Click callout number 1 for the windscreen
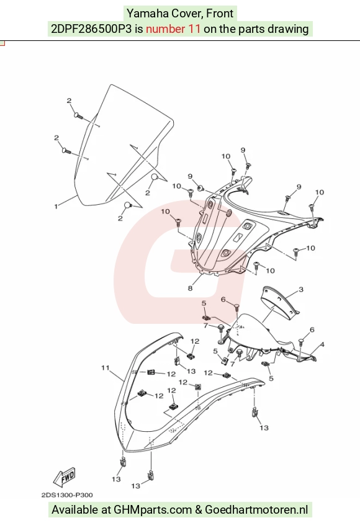(56, 207)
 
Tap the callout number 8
(190, 288)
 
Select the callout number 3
(301, 289)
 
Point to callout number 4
(322, 344)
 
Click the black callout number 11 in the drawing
(106, 367)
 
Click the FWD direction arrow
(65, 477)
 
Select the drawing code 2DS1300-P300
(67, 495)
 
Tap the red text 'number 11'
(173, 29)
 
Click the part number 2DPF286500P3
(91, 29)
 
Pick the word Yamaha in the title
(148, 14)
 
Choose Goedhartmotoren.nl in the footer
(256, 509)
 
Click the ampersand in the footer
(199, 509)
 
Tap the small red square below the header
(2, 43)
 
